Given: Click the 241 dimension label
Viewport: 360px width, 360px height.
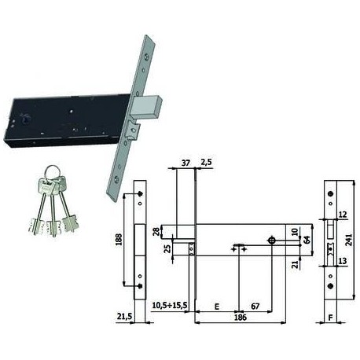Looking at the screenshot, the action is click(349, 240).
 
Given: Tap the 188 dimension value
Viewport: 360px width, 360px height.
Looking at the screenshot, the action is click(119, 240).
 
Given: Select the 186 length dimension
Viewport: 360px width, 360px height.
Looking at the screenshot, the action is click(241, 318).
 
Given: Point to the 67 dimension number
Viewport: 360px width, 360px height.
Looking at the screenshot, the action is click(255, 306).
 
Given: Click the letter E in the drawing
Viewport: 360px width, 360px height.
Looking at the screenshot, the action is click(217, 307).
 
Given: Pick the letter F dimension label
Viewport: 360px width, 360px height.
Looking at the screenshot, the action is click(330, 318).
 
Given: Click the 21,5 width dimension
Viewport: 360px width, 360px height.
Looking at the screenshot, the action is click(124, 317).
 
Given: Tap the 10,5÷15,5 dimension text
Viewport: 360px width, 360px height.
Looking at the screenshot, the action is click(170, 305).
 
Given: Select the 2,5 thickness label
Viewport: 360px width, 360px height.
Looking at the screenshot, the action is click(206, 162).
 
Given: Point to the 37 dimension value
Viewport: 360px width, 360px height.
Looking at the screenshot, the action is click(186, 163).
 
